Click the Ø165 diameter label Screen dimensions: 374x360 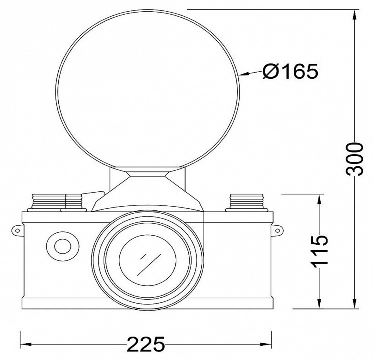(290, 71)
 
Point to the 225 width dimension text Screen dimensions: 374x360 (146, 344)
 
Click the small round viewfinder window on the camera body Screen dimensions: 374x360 (63, 246)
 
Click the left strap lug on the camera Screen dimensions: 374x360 (18, 230)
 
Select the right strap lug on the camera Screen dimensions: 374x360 (277, 230)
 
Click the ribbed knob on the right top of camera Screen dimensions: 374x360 (247, 203)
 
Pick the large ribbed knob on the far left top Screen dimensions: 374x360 (47, 203)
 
